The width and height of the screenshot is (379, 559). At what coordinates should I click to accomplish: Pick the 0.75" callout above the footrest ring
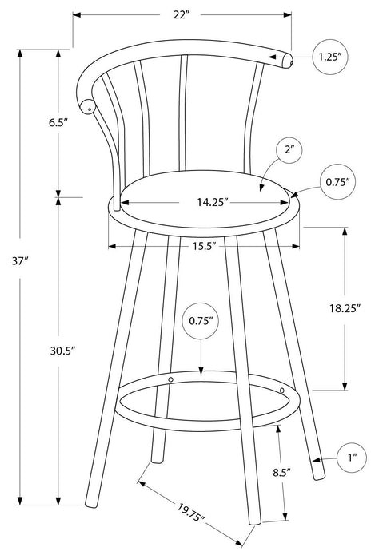[200, 321]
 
